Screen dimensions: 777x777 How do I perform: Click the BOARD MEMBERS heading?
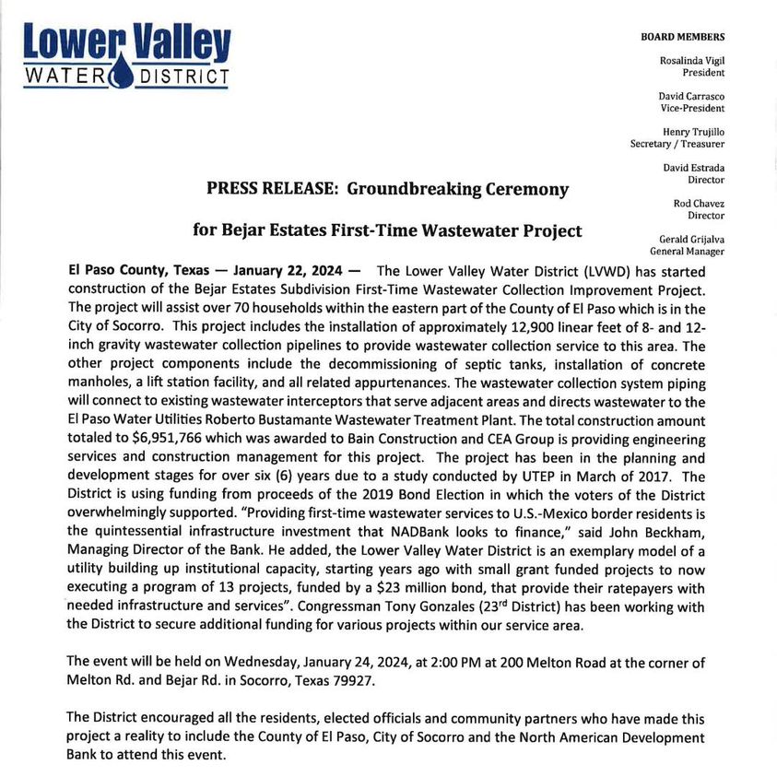click(x=682, y=37)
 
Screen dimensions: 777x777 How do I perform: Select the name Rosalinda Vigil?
click(x=690, y=60)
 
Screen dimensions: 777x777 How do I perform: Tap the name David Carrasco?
click(x=690, y=96)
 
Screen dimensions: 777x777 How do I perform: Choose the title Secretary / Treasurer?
click(x=677, y=144)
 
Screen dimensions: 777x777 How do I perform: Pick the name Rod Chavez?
click(x=699, y=203)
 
